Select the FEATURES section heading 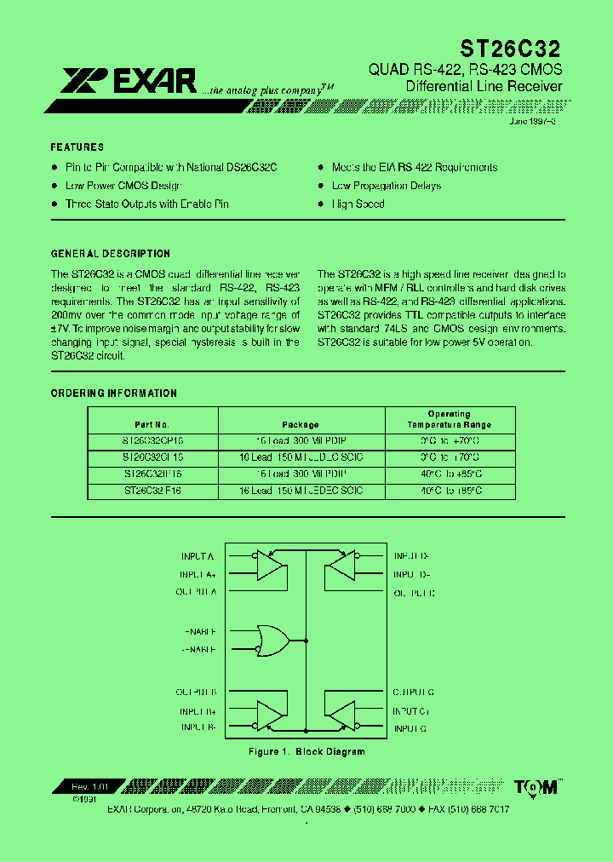(x=77, y=147)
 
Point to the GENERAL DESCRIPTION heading (x=111, y=254)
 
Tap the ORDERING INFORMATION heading (x=114, y=394)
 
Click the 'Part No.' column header (x=152, y=424)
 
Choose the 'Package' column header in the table (x=301, y=424)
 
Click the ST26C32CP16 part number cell (x=152, y=441)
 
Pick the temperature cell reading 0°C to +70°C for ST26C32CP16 (x=449, y=441)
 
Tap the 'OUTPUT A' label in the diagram (x=196, y=591)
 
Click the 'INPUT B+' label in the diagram (x=198, y=710)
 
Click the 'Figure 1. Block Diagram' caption (x=306, y=751)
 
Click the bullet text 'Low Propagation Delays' (x=387, y=186)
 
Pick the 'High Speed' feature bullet (x=358, y=204)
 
